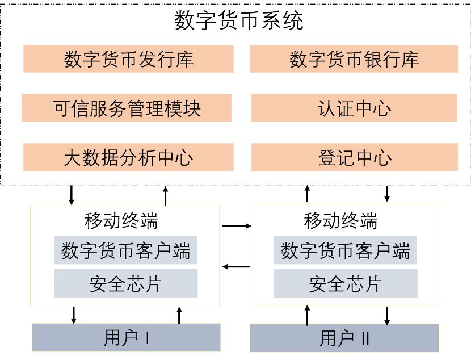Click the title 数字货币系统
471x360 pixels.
[239, 20]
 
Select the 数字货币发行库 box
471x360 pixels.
[129, 59]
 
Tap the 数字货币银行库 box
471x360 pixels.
[354, 59]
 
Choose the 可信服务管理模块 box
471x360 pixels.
[127, 108]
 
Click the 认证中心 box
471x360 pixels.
[354, 108]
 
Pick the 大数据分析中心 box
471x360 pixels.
[128, 157]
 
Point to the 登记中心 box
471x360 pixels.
[355, 157]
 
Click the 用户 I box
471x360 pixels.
[126, 337]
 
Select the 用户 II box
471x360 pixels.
[344, 338]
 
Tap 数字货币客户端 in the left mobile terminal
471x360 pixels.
[125, 250]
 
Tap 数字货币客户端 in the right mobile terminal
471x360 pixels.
[346, 250]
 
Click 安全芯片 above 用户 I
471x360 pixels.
[126, 283]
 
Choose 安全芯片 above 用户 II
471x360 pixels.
[346, 283]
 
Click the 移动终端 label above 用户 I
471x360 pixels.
[121, 220]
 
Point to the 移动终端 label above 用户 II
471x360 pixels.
[340, 220]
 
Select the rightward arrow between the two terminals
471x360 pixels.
[237, 225]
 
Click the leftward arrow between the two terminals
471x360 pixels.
[237, 266]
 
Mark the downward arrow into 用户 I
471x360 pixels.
[74, 315]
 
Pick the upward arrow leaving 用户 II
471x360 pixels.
[308, 315]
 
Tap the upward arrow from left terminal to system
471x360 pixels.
[166, 196]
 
